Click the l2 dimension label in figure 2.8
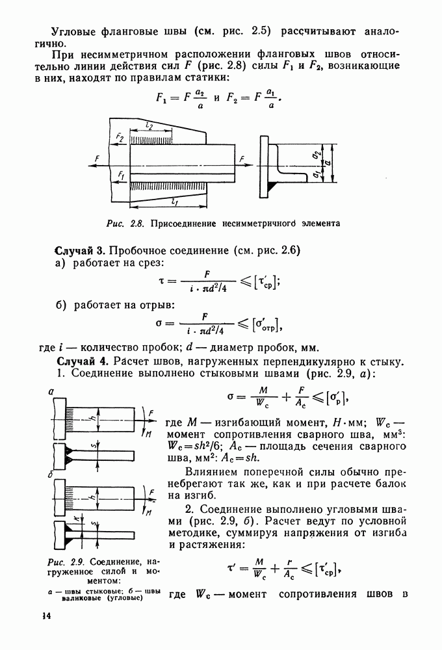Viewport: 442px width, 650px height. (x=151, y=125)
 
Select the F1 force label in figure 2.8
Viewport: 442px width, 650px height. (x=120, y=175)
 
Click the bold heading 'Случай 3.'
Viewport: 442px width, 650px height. (x=79, y=250)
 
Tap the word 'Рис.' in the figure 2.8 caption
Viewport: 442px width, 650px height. (x=116, y=223)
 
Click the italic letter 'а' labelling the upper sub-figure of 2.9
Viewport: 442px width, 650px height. (x=51, y=391)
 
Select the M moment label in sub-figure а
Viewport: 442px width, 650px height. (x=150, y=434)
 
